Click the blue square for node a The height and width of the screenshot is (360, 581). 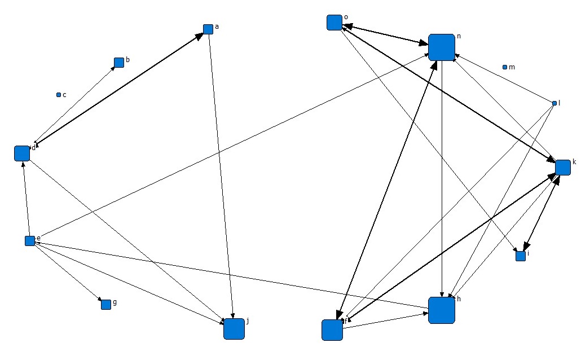coord(208,29)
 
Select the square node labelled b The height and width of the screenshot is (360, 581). coord(119,62)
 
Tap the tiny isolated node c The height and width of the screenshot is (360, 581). coord(58,95)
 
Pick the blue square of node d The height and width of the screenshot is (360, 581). coord(21,153)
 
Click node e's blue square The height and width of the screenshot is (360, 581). coord(30,241)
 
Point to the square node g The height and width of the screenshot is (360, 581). coord(105,305)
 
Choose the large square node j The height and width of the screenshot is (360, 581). coord(234,328)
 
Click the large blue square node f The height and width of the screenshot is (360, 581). coord(332,330)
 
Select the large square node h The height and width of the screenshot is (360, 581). coord(441,310)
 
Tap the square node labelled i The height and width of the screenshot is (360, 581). coord(521,256)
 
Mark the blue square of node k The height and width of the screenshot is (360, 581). coord(562,167)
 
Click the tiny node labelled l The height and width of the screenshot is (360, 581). coord(554,103)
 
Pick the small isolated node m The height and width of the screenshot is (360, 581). coord(505,67)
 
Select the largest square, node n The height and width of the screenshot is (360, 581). coord(441,47)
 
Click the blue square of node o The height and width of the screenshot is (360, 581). coord(334,22)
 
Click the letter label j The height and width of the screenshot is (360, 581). coord(248,321)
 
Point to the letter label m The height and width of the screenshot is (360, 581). coord(512,67)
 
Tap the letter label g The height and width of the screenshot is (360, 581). coord(115,302)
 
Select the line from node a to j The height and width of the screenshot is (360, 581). coord(221,175)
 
